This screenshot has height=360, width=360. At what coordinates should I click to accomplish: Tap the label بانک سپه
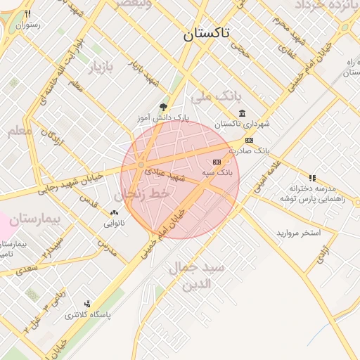(217, 172)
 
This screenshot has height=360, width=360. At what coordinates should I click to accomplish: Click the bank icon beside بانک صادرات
(249, 140)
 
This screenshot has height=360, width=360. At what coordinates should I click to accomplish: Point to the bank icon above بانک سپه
(216, 162)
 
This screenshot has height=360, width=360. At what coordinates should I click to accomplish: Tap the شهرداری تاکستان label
(243, 124)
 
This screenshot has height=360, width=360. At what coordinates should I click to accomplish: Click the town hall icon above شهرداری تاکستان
(242, 114)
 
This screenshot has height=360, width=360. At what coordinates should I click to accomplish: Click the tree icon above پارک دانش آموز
(164, 107)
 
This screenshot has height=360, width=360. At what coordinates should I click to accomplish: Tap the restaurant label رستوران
(28, 25)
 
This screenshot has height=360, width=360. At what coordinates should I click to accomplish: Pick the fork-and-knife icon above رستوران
(27, 14)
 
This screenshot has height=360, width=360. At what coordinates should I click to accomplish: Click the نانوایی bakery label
(115, 224)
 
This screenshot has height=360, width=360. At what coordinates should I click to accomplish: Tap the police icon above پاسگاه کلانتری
(87, 304)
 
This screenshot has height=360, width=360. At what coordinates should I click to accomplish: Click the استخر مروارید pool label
(298, 232)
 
